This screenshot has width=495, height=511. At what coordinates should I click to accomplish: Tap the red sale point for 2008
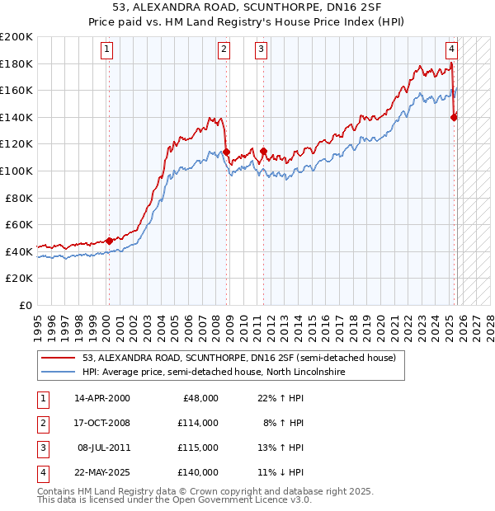pos(226,152)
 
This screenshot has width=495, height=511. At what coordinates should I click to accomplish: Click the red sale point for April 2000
pos(109,241)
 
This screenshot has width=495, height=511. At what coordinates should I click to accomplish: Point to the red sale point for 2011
pos(263,151)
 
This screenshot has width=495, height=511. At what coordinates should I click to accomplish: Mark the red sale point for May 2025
pos(454,117)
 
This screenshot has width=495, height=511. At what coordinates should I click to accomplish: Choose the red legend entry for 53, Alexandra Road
pos(239,358)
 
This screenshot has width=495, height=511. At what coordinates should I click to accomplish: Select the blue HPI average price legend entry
pos(212,373)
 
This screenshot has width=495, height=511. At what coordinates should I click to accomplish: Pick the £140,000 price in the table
pos(200,472)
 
